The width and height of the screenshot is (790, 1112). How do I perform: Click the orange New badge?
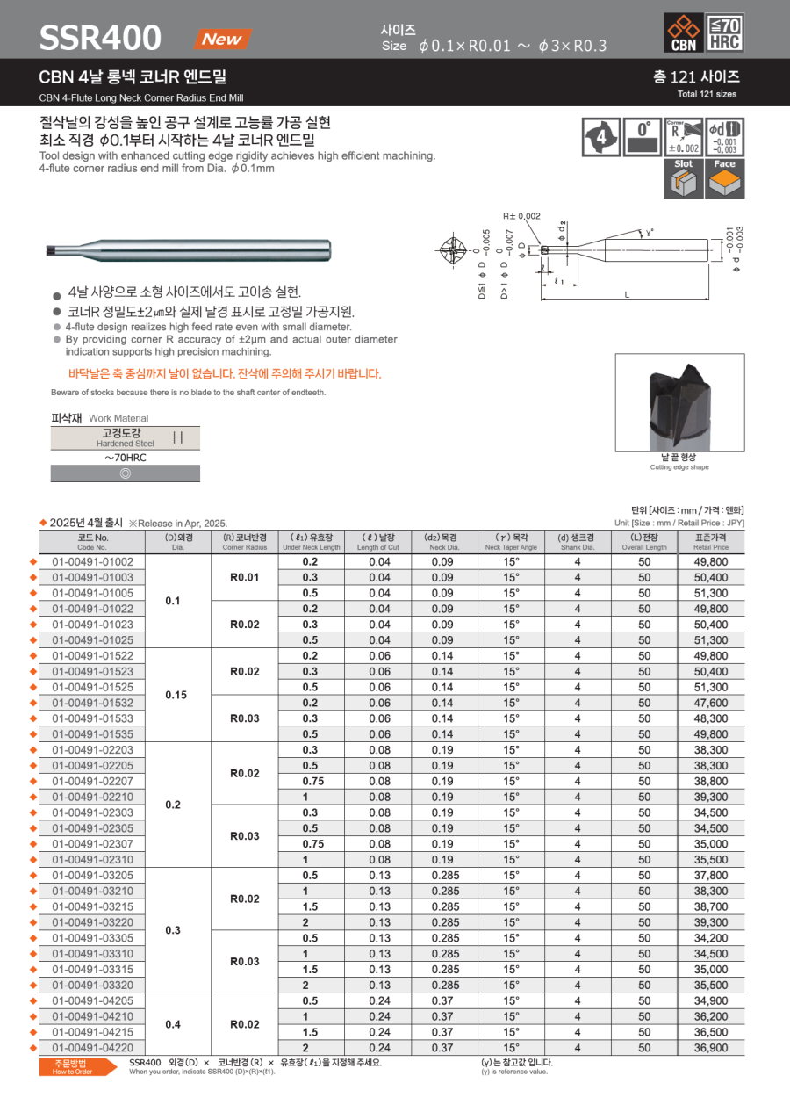222,39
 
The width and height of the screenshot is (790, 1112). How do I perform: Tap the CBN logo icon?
682,34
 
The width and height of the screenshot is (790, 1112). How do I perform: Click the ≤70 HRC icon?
725,34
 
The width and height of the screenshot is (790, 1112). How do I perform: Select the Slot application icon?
684,178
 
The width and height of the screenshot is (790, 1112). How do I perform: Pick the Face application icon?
724,178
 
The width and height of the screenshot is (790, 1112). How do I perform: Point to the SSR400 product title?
101,38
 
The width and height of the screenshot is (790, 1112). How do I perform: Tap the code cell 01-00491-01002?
93,562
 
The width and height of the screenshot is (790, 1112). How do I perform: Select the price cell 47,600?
710,703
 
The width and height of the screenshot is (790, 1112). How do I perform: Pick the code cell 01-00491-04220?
93,1048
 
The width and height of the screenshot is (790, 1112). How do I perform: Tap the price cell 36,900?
710,1048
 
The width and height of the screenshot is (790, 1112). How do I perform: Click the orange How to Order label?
78,1066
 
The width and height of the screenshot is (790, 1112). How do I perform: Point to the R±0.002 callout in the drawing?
521,216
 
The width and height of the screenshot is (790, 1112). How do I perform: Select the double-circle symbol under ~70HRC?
125,473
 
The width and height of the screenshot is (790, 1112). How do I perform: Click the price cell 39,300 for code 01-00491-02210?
710,797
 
